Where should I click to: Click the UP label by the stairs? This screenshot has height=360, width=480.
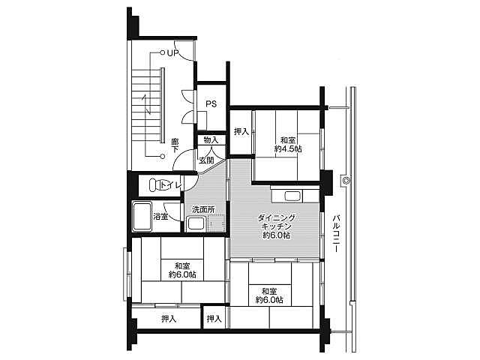(173, 53)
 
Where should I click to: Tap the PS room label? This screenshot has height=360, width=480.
(211, 104)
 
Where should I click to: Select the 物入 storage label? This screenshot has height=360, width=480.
(211, 140)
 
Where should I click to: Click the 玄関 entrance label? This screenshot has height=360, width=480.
(207, 160)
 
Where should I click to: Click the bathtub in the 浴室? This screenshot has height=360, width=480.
(142, 217)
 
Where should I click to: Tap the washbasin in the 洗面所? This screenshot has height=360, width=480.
(195, 223)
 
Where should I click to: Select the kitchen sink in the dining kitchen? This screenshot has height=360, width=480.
(293, 196)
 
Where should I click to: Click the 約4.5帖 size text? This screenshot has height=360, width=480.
(288, 149)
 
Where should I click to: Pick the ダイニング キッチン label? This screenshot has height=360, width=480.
(276, 223)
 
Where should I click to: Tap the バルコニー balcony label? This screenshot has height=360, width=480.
(337, 233)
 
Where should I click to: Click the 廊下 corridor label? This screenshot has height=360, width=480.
(175, 145)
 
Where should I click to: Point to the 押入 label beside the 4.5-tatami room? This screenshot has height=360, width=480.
(241, 132)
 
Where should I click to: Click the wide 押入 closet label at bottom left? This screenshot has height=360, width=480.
(169, 319)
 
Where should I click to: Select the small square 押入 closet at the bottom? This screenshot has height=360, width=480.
(214, 318)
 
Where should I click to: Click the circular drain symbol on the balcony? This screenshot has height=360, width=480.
(346, 180)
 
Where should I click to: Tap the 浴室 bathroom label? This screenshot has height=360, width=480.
(160, 217)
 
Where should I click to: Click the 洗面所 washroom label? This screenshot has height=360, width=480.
(203, 210)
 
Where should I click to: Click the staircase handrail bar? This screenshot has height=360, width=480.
(163, 105)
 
